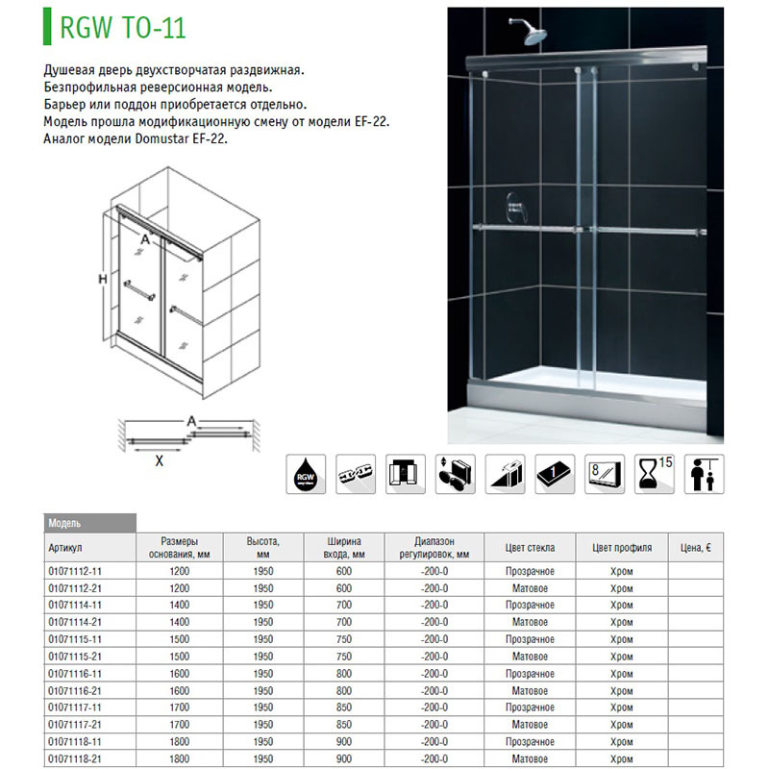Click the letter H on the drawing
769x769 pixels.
click(102, 280)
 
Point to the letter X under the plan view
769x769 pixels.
click(160, 460)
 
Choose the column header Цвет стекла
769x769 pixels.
click(530, 548)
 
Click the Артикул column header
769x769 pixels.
click(66, 548)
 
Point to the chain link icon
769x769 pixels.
click(358, 475)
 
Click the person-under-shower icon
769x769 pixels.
click(705, 475)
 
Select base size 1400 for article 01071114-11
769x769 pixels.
click(180, 606)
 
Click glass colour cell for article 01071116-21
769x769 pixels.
click(530, 691)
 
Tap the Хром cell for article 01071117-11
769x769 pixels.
click(622, 708)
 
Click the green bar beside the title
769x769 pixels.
click(48, 27)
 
